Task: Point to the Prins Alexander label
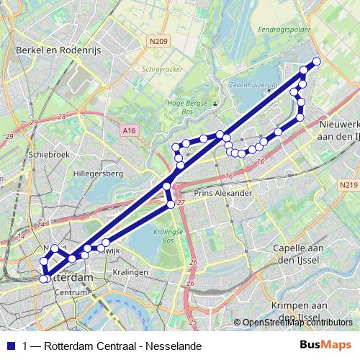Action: point(223,194)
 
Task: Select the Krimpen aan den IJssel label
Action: point(297,311)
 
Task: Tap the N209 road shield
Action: point(160,42)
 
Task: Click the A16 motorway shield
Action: point(128,130)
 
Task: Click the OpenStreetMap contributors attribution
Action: point(295,323)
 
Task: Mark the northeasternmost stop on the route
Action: point(317,61)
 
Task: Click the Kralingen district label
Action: point(130,273)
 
